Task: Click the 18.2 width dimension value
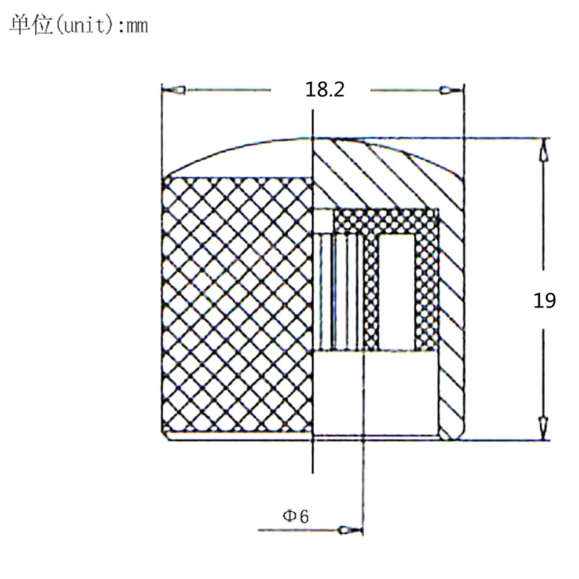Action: (325, 90)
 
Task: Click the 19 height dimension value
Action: (544, 301)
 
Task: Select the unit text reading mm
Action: (137, 26)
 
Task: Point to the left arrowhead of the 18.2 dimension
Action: (174, 90)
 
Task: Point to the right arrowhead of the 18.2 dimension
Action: (450, 90)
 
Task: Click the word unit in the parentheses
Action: (87, 26)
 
